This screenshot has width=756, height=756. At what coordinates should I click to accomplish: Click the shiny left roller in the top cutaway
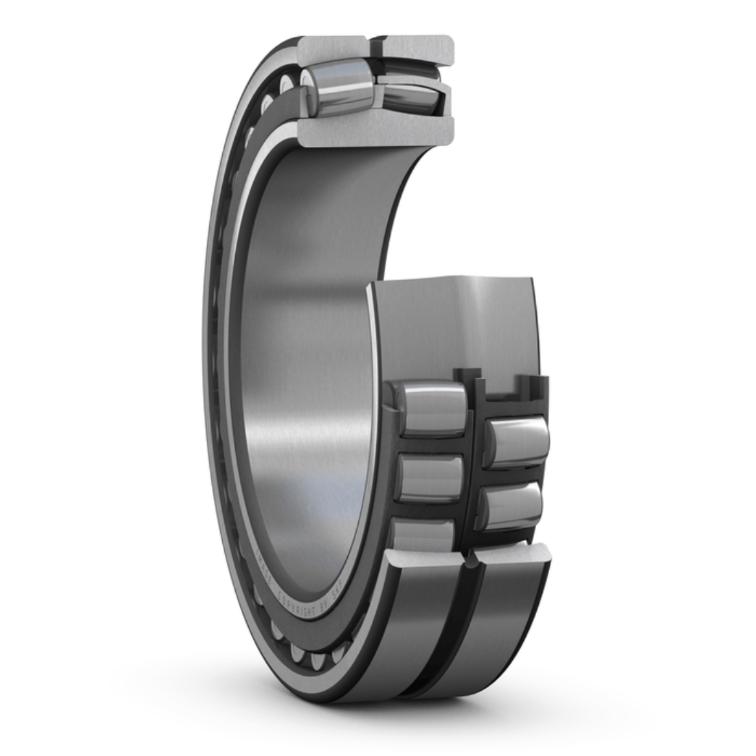tap(339, 88)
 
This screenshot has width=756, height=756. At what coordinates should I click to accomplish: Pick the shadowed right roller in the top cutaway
tap(409, 96)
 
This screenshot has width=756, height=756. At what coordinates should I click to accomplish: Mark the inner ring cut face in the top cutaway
tap(375, 131)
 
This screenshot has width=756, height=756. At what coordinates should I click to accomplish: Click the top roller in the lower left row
tap(431, 408)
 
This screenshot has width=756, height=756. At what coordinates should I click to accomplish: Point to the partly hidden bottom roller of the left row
tap(422, 535)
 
